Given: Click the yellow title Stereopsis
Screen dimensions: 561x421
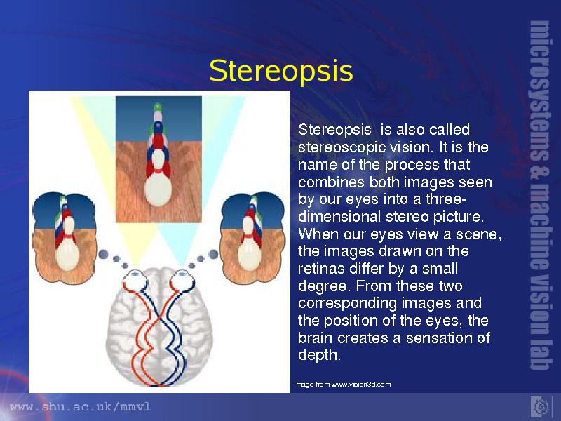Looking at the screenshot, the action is (281, 71).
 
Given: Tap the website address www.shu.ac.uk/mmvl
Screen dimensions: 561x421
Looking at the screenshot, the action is (81, 407).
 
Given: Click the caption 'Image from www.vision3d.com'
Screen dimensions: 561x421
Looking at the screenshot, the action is (342, 385).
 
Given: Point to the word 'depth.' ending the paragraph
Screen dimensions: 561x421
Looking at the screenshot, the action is (319, 356).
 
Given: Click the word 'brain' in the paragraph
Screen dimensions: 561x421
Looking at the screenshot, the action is (315, 338).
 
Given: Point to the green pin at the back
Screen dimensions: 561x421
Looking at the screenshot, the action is (157, 107).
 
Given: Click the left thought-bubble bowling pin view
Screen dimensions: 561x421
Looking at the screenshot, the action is (65, 237).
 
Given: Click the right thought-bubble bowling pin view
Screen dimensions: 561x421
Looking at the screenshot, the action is (253, 237).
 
